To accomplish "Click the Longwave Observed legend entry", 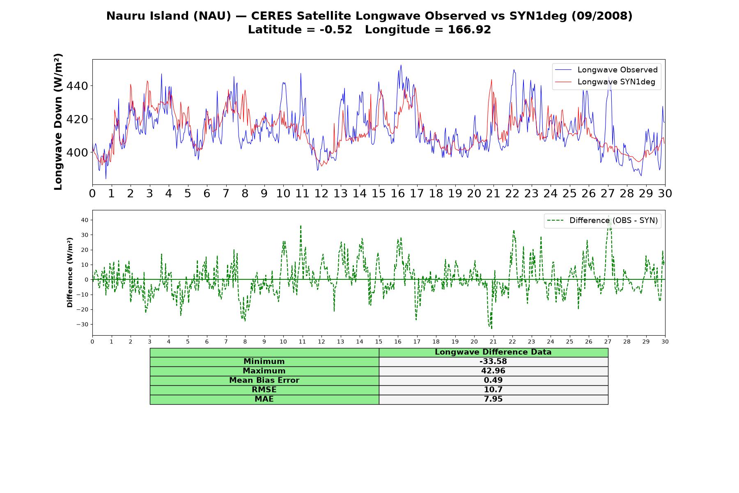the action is click(x=606, y=70).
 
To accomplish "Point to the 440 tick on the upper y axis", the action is click(x=77, y=86).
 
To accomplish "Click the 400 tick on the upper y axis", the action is click(x=77, y=152).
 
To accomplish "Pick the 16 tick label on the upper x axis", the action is click(x=398, y=193).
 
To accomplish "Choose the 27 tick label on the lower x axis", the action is click(x=608, y=342).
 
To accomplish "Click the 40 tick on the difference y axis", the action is click(x=85, y=220).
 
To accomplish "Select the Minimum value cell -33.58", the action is click(x=493, y=362).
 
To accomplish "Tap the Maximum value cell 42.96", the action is click(x=493, y=371).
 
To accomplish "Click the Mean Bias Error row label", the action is click(x=264, y=380).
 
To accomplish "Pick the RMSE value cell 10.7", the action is click(x=493, y=390).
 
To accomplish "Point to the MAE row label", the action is click(x=264, y=399).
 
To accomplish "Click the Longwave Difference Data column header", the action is click(x=493, y=352).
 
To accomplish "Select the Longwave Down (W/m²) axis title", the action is click(x=58, y=122).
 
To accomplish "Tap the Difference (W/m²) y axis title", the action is click(x=70, y=272).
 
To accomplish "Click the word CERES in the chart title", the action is click(x=271, y=16).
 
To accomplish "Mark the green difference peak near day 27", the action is click(x=609, y=216).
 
